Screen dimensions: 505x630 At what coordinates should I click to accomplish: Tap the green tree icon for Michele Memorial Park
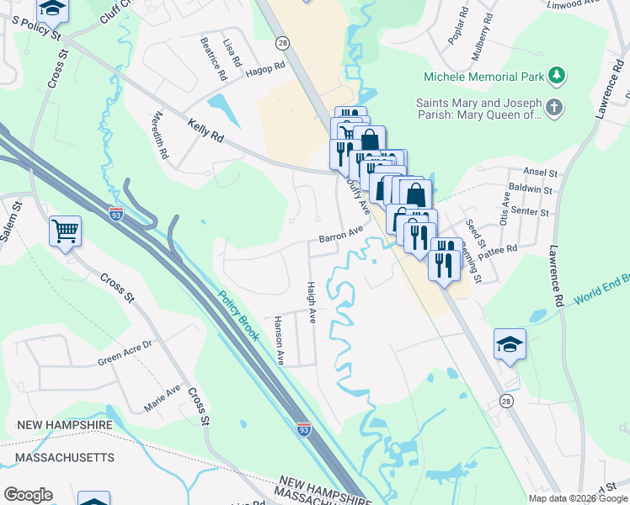click(556, 77)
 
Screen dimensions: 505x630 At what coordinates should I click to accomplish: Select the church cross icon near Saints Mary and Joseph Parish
click(553, 108)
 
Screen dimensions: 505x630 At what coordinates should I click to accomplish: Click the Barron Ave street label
click(341, 234)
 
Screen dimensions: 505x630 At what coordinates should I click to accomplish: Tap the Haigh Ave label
click(311, 303)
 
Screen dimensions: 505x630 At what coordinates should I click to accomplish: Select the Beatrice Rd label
click(214, 59)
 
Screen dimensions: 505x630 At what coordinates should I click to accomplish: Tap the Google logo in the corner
click(28, 495)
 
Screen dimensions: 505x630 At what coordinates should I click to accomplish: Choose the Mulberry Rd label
click(482, 35)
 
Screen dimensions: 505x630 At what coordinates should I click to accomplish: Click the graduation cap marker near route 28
click(510, 343)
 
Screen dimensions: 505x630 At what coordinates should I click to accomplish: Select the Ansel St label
click(541, 172)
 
